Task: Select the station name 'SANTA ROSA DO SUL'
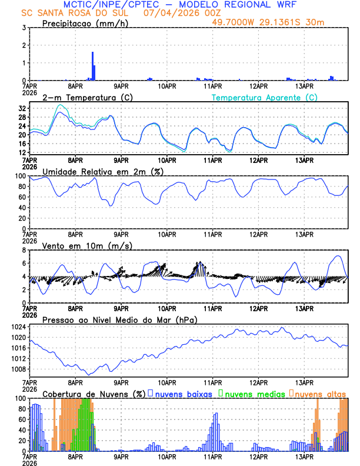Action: coord(81,13)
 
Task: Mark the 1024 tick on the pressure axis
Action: coord(19,327)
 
